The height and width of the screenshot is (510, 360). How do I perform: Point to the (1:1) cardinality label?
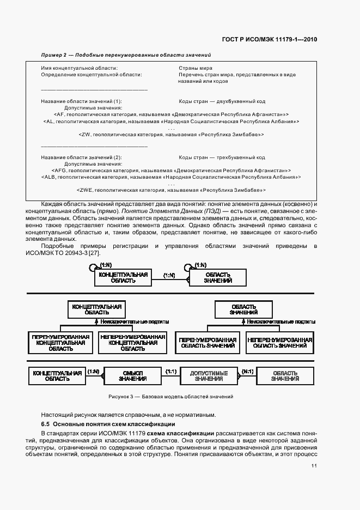click(171, 371)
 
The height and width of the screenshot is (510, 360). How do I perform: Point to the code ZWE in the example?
click(85, 190)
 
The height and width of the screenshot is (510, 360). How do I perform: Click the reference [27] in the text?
click(93, 252)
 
